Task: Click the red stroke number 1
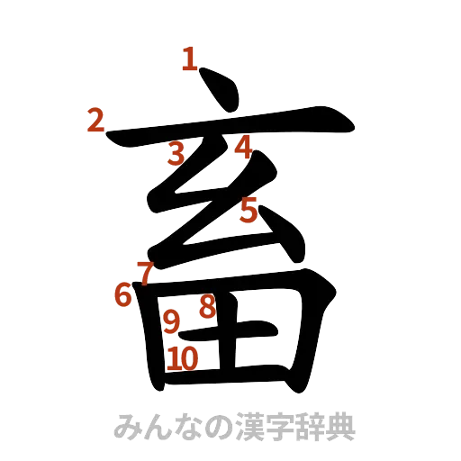[188, 59]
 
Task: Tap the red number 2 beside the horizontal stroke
[96, 120]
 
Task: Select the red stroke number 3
[177, 154]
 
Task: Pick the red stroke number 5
[249, 210]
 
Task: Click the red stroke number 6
[123, 294]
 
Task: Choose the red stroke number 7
[144, 270]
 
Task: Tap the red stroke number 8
[206, 307]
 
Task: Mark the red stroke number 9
[170, 321]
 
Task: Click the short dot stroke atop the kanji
[221, 93]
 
